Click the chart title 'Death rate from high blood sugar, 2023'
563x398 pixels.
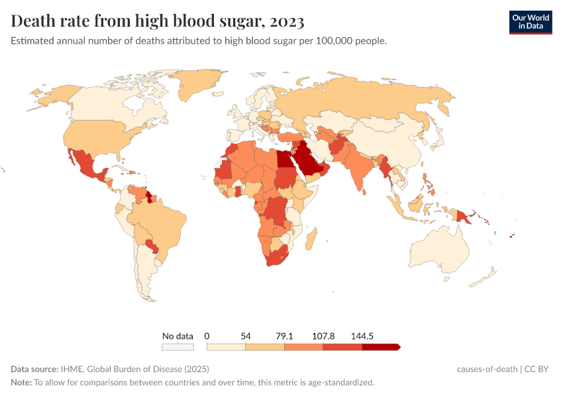tap(158, 21)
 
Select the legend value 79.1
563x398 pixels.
tap(284, 336)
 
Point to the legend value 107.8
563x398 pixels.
tap(323, 336)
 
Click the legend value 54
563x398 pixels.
tap(246, 336)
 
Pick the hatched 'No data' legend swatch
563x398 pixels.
tap(178, 346)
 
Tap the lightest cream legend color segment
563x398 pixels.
tap(226, 346)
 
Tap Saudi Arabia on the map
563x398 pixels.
tap(307, 163)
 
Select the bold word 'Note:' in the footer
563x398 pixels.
tap(21, 383)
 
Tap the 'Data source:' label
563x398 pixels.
tap(34, 369)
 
